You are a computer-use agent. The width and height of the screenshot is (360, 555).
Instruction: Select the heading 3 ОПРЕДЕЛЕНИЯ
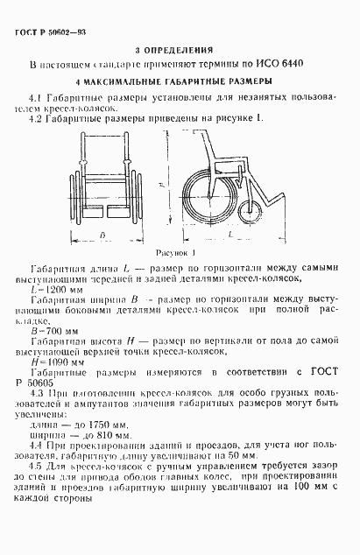coord(180,51)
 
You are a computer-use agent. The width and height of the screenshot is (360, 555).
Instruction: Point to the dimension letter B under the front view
coord(101,236)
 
